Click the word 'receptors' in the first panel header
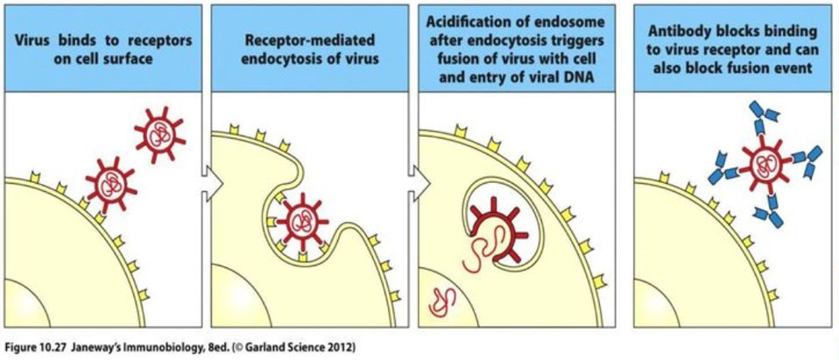[163, 40]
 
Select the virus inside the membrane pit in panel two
[304, 219]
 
